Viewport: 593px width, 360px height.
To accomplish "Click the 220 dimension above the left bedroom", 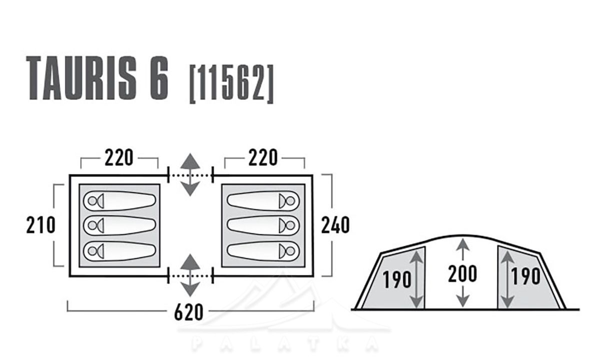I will [119, 158].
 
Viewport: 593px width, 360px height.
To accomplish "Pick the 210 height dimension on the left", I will [41, 225].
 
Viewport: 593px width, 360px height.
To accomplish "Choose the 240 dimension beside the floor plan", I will [335, 225].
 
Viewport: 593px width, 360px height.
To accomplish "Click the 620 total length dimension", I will [189, 312].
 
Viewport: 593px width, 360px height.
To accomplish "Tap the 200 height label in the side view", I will [463, 274].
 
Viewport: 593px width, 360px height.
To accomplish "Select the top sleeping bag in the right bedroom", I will [263, 201].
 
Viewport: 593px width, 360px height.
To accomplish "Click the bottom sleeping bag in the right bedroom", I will [263, 250].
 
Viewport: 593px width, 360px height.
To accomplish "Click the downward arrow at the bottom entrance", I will [190, 289].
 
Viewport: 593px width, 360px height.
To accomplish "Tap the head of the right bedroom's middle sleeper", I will [288, 225].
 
